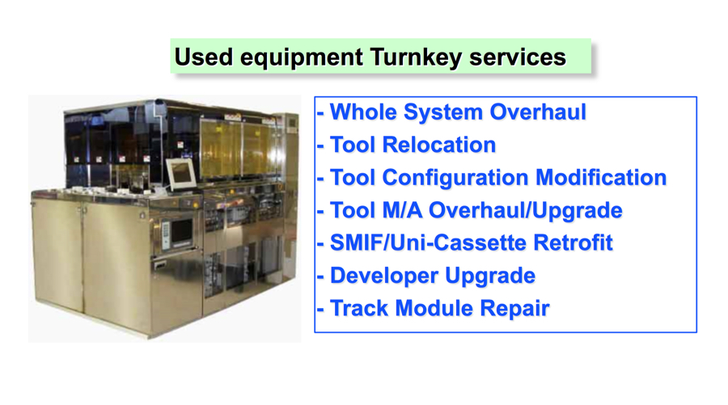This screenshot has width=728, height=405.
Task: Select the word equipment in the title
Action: click(x=302, y=58)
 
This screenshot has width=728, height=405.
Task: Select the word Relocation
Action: click(x=438, y=145)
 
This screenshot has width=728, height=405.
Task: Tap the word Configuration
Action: click(x=455, y=178)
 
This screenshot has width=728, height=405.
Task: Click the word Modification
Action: click(x=601, y=177)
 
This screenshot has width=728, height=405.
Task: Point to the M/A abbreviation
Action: click(x=402, y=210)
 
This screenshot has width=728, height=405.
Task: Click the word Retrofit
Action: click(x=573, y=243)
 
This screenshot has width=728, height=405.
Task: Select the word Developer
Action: click(x=384, y=276)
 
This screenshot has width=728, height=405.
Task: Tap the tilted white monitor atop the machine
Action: click(x=181, y=174)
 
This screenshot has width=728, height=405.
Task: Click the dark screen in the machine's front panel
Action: click(x=181, y=230)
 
